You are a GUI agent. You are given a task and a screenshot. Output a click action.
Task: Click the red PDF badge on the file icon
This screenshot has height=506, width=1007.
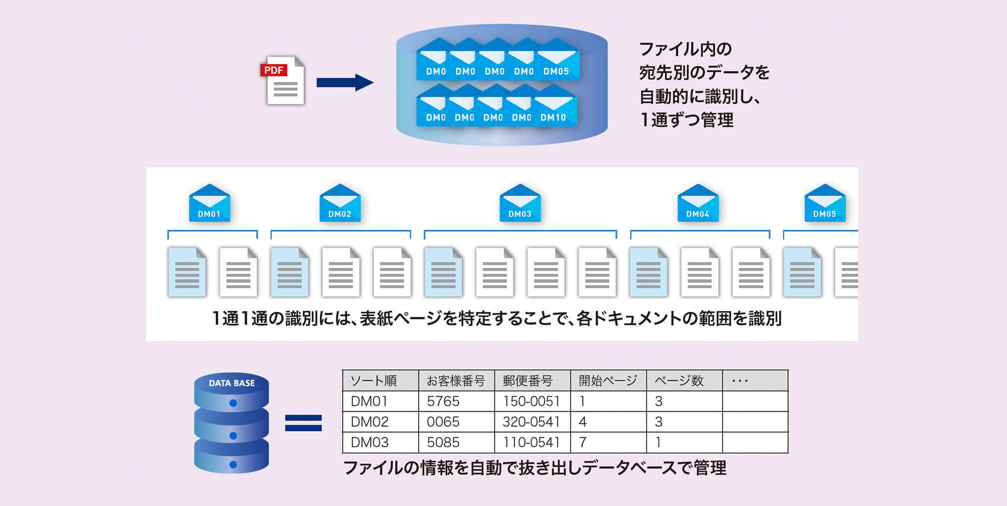273,70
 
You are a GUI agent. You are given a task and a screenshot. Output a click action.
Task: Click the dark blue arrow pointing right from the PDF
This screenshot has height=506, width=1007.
345,82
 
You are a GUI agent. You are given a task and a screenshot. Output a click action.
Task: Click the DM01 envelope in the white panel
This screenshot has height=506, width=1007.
209,204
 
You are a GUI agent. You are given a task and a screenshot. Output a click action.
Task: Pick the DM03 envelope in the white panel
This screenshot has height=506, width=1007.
520,204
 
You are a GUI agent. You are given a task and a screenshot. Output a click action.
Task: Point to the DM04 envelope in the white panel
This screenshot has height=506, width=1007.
698,204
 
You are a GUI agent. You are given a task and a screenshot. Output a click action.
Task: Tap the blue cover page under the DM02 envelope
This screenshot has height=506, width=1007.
289,272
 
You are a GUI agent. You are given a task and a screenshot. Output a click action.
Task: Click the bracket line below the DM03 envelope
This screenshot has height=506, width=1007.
520,231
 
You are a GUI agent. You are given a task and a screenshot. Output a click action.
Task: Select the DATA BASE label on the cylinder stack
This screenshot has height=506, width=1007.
232,383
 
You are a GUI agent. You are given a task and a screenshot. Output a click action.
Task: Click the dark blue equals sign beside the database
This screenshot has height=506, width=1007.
303,423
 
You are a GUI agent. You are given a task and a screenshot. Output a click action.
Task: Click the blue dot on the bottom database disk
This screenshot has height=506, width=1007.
233,465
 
